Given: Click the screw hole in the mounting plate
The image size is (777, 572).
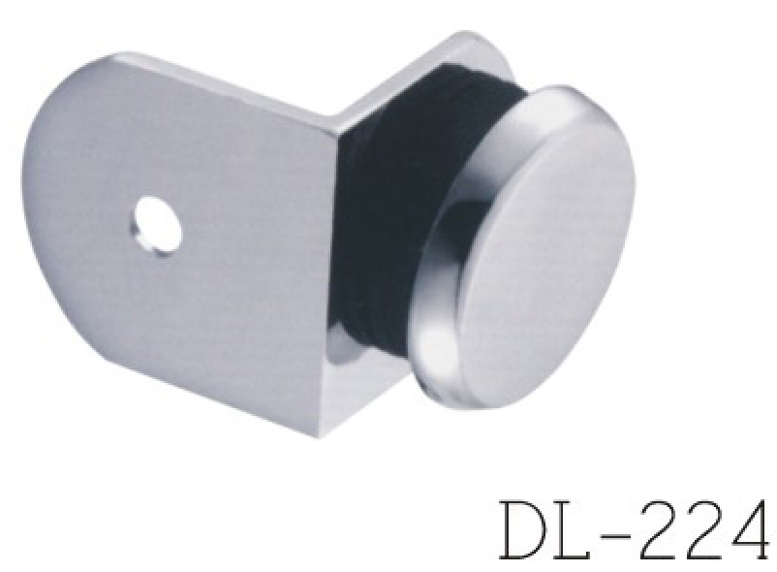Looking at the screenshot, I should pos(159,225).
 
